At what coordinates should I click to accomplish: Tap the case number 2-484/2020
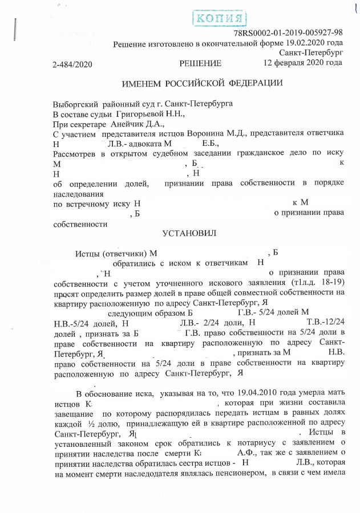(72, 63)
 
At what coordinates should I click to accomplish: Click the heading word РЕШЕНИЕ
(200, 63)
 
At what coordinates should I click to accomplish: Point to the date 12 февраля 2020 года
(302, 63)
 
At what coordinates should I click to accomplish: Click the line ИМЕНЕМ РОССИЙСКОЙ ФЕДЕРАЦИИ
(203, 83)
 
